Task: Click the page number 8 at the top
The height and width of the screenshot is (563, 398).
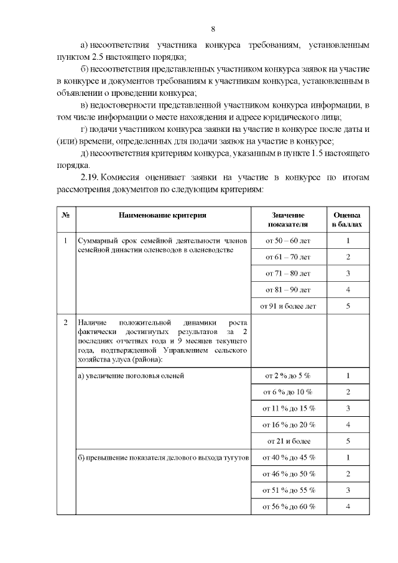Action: point(213,29)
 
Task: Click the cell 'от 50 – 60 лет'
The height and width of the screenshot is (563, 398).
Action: point(288,240)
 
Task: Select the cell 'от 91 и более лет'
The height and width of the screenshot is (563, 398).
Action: point(288,305)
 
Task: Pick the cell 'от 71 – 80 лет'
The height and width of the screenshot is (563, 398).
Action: point(288,273)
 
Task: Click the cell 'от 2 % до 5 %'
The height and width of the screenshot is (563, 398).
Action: point(288,376)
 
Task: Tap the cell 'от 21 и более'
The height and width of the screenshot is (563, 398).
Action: point(288,441)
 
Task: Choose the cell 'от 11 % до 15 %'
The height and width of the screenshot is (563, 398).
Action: point(288,408)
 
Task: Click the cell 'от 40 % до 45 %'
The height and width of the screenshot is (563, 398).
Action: point(288,457)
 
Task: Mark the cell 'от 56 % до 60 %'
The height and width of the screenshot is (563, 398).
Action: point(288,506)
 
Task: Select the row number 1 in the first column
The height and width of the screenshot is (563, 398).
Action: point(66,240)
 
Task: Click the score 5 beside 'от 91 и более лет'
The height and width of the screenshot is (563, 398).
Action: point(348,305)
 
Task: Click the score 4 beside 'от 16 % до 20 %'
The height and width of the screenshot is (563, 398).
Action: point(348,424)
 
